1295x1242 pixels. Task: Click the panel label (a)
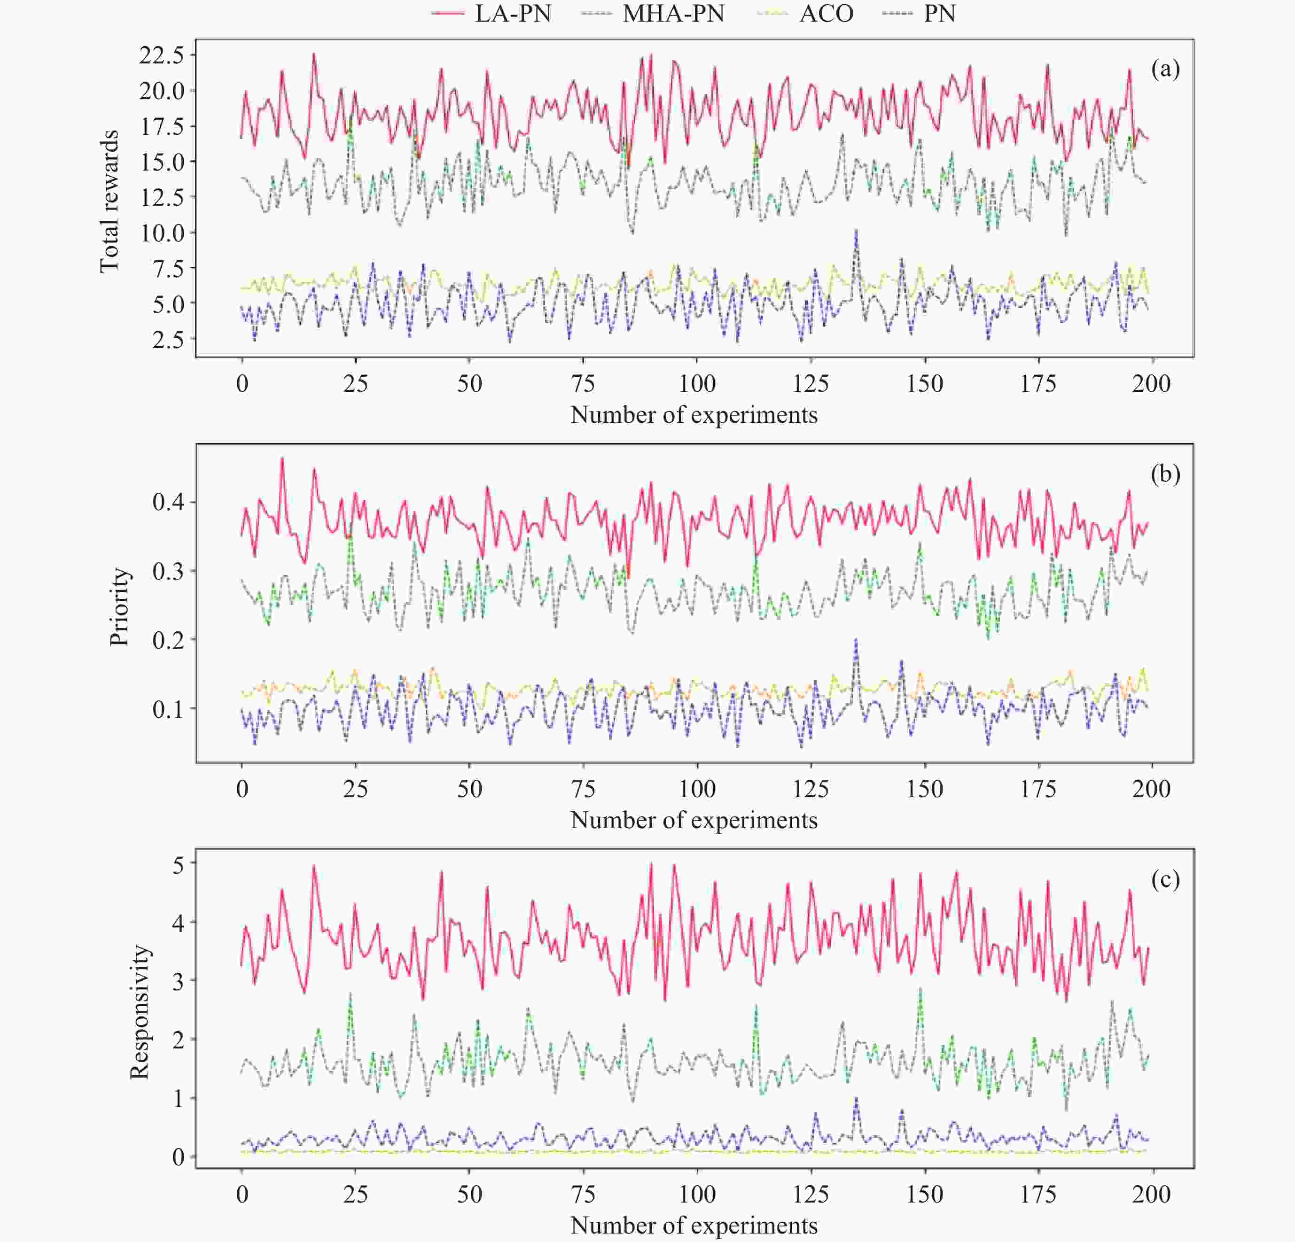[x=1165, y=69]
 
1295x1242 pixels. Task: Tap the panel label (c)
[x=1165, y=879]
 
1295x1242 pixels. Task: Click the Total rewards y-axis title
[x=109, y=202]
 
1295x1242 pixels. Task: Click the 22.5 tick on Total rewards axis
[x=161, y=55]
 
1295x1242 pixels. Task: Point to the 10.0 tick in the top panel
[x=161, y=233]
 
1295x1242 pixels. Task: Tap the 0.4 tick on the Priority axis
[x=169, y=502]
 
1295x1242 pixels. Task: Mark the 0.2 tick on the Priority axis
[x=169, y=639]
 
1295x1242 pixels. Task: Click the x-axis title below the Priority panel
[x=694, y=820]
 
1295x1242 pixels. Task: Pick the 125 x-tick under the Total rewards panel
[x=811, y=384]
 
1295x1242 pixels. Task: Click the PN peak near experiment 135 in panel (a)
[x=856, y=231]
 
